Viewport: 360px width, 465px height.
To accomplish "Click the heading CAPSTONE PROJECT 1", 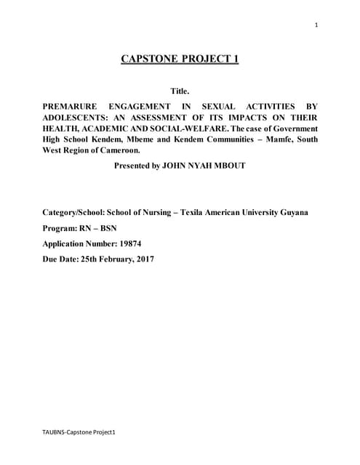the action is [x=180, y=60].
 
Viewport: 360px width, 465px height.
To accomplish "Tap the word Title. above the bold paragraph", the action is [x=180, y=92].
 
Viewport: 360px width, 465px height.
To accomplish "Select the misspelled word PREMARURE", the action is [x=73, y=106].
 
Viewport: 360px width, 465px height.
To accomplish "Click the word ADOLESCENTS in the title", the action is [x=79, y=117].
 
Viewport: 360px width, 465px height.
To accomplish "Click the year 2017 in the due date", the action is [x=141, y=259].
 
